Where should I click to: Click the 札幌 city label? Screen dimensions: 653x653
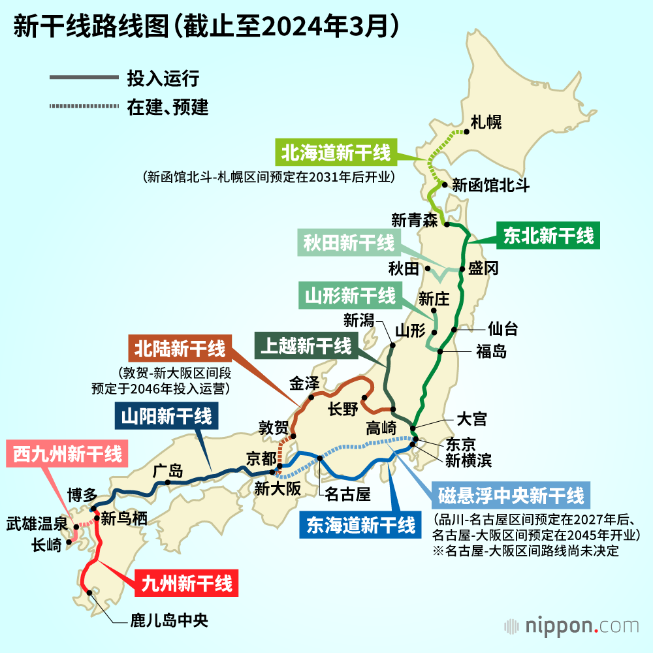click(486, 122)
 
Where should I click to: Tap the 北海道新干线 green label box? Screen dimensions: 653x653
click(336, 153)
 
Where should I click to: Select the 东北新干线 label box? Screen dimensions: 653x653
click(549, 236)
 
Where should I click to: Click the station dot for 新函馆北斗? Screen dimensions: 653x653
click(445, 185)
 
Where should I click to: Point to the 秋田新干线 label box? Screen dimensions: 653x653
click(349, 244)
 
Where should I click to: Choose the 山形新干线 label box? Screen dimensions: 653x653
click(349, 296)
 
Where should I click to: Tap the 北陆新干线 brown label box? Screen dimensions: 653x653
click(180, 349)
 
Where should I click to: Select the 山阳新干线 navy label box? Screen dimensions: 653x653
click(166, 415)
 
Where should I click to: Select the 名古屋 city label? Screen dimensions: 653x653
click(347, 494)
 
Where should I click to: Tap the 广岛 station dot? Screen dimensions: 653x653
click(168, 483)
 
